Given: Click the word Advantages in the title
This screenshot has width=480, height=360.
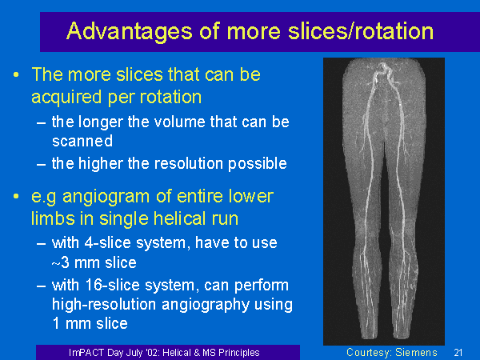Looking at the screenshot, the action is pyautogui.click(x=130, y=32).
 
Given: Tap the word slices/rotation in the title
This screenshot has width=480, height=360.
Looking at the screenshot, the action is pyautogui.click(x=361, y=31).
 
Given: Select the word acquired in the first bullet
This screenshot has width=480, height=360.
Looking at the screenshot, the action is pyautogui.click(x=66, y=98).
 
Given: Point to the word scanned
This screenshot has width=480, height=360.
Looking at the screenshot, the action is pyautogui.click(x=82, y=141).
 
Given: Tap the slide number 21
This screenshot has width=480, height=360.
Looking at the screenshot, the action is pyautogui.click(x=458, y=353).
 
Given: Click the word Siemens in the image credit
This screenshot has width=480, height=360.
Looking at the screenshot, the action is pyautogui.click(x=416, y=352).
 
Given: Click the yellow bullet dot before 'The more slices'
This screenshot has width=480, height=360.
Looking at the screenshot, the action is pyautogui.click(x=16, y=74).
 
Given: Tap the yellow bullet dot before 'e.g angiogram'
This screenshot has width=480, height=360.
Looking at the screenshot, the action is pyautogui.click(x=16, y=196).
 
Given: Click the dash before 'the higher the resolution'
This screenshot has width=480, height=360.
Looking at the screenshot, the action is pyautogui.click(x=41, y=164).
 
